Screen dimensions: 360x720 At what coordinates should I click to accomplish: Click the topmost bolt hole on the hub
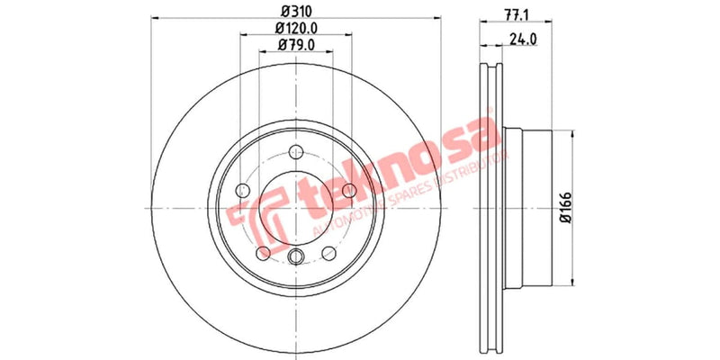(295, 151)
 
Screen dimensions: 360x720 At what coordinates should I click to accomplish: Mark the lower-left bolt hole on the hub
(263, 251)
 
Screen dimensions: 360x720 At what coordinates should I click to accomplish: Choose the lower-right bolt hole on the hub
(328, 251)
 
